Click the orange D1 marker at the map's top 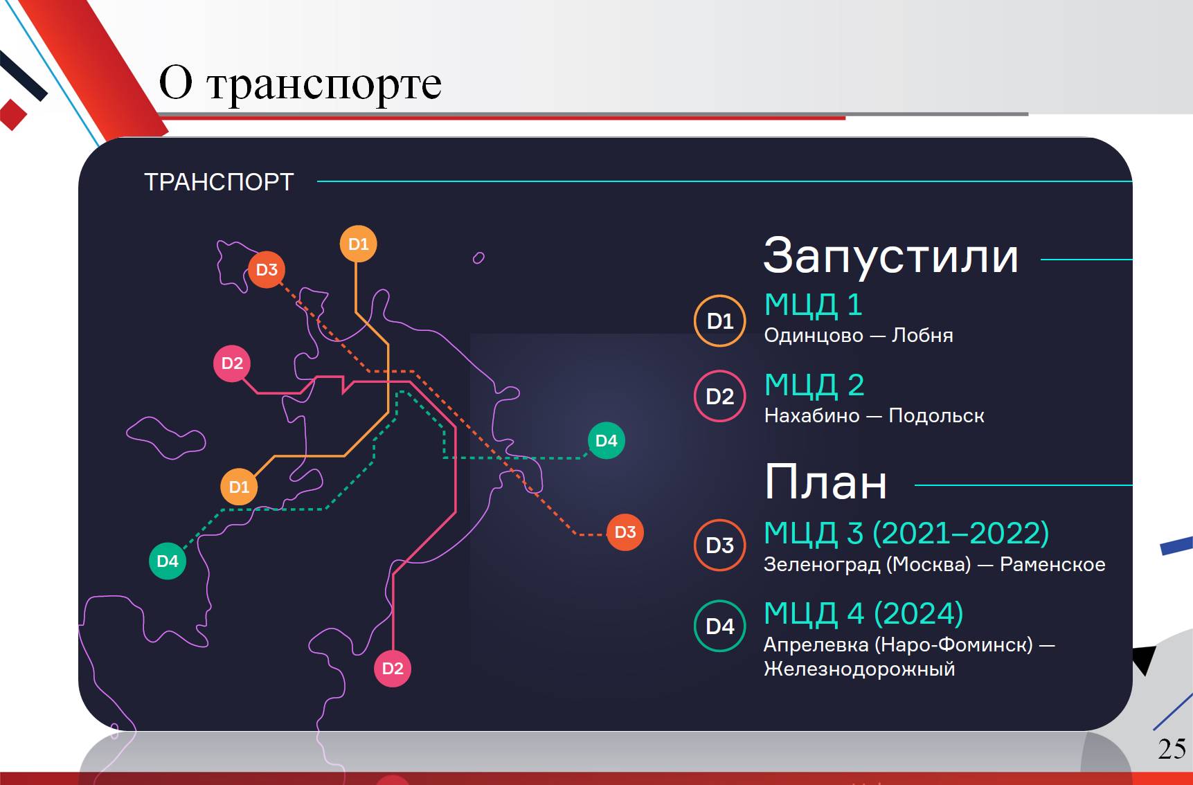pos(359,244)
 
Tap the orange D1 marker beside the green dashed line pos(239,487)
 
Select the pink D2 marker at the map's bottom pos(393,669)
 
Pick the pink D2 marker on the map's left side pos(232,363)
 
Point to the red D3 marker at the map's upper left pos(267,269)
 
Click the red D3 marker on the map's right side pos(625,532)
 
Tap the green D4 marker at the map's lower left pos(168,561)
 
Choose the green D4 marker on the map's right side pos(606,440)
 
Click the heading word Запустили pos(890,255)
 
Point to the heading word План pos(825,482)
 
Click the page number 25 pos(1172,748)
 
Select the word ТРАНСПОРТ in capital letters pos(219,182)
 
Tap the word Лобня pos(922,335)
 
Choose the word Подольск pos(936,415)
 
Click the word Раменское pos(1052,564)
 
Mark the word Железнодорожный pos(859,669)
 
